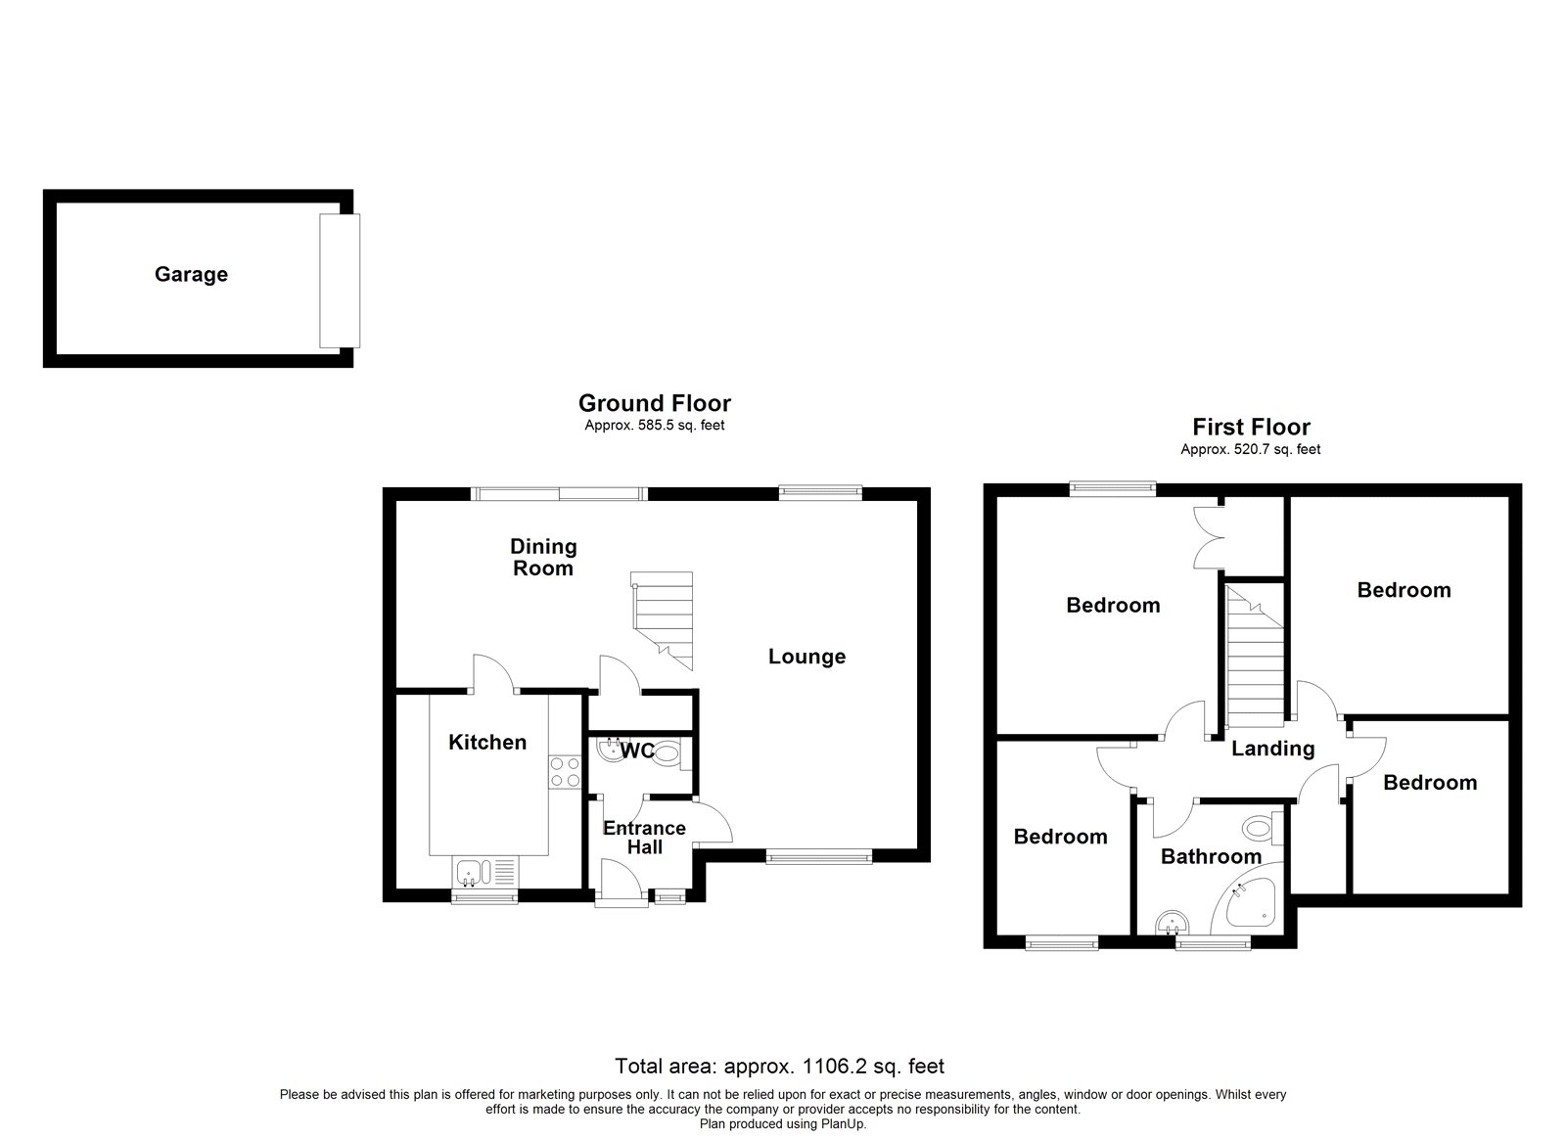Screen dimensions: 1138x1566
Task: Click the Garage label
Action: pyautogui.click(x=191, y=275)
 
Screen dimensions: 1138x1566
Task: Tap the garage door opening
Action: pyautogui.click(x=340, y=281)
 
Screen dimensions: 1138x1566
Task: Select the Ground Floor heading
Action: pyautogui.click(x=654, y=403)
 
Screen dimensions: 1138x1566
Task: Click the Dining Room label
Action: pyautogui.click(x=543, y=557)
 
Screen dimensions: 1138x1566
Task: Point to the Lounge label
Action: pyautogui.click(x=806, y=657)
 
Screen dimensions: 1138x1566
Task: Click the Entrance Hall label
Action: pyautogui.click(x=644, y=838)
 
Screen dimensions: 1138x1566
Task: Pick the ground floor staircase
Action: pyautogui.click(x=663, y=618)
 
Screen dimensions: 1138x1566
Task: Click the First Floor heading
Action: pyautogui.click(x=1251, y=427)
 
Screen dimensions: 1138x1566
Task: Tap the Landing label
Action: pyautogui.click(x=1271, y=750)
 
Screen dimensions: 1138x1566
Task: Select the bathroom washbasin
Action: pyautogui.click(x=1172, y=923)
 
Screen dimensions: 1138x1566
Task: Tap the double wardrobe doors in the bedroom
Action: pyautogui.click(x=1209, y=536)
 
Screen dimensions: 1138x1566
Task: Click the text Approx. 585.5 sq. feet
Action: pyautogui.click(x=654, y=426)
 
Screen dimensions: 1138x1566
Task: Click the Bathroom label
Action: pyautogui.click(x=1211, y=857)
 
